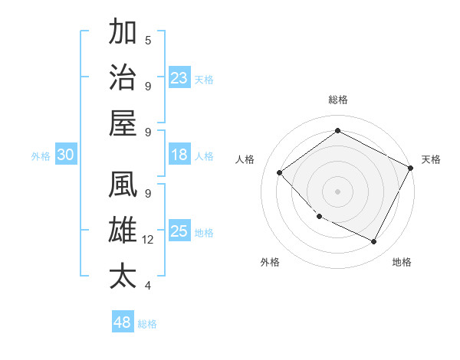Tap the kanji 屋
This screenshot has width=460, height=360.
tap(123, 122)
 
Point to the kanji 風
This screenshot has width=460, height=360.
tap(123, 185)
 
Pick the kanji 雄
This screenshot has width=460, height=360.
tap(123, 231)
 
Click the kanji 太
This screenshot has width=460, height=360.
tap(123, 276)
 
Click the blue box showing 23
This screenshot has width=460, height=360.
tap(179, 77)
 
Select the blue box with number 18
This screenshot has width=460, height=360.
tap(179, 155)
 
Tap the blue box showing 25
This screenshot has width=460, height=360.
tap(179, 231)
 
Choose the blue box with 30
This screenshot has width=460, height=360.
tap(66, 155)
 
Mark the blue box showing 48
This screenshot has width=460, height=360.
tap(123, 322)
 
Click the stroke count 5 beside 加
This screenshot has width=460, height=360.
tap(148, 40)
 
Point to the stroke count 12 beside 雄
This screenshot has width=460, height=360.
tap(148, 240)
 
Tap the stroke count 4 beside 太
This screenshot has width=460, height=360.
tap(148, 286)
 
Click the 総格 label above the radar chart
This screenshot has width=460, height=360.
tap(337, 100)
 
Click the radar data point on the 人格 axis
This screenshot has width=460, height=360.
tap(280, 172)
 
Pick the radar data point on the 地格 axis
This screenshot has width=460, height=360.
tap(373, 242)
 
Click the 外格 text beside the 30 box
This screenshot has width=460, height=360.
tap(41, 156)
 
